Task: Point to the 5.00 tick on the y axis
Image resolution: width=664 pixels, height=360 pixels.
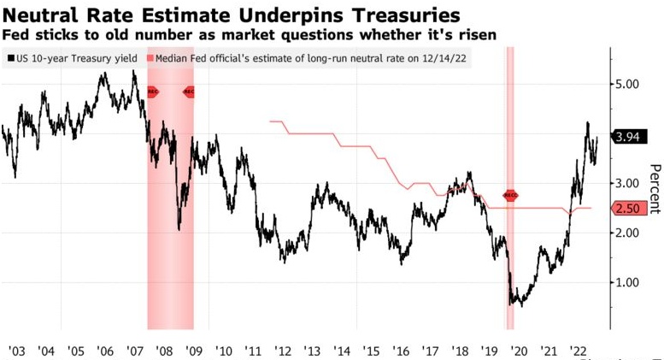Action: [x=631, y=85]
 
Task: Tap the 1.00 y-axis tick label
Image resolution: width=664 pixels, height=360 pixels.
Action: [x=631, y=282]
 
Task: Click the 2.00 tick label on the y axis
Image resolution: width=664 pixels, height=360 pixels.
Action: [x=631, y=233]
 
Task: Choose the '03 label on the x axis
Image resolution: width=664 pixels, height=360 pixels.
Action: [x=15, y=350]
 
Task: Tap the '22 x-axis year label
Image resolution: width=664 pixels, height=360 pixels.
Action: [x=578, y=350]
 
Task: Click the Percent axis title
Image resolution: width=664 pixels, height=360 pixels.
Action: [x=654, y=188]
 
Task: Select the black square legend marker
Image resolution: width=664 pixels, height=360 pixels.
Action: [x=9, y=58]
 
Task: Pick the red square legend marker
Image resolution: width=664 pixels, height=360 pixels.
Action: [x=151, y=58]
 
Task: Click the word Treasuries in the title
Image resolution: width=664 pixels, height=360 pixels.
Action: [x=402, y=15]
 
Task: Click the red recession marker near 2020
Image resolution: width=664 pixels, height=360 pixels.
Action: [x=510, y=196]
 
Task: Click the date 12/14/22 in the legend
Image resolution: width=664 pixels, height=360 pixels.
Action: [x=435, y=58]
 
